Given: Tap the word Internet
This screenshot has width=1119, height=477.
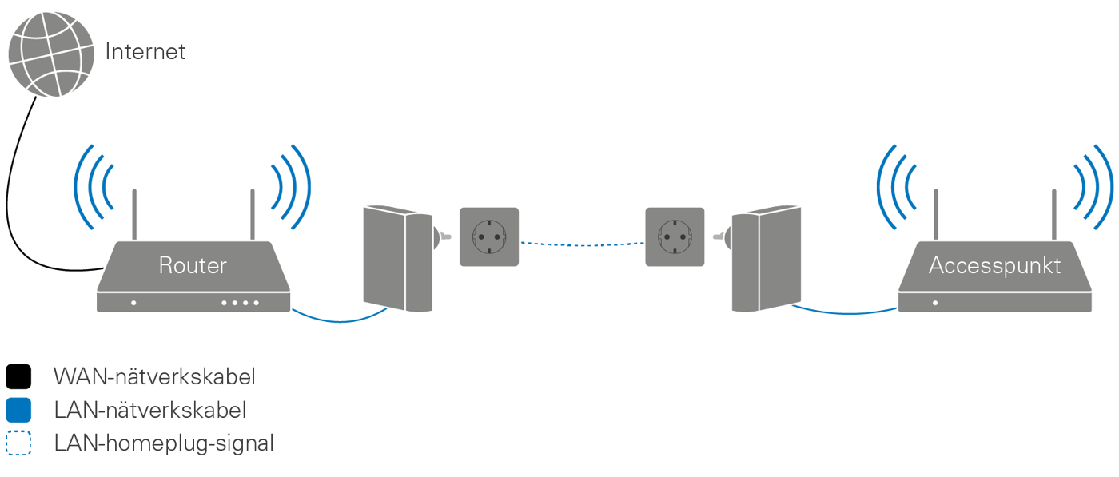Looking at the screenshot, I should coord(145,53).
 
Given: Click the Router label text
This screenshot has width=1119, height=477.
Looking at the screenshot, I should coord(192,265).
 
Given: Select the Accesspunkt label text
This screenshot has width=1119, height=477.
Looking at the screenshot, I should coord(994,265).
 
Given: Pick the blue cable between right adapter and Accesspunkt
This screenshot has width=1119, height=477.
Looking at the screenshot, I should coord(847,311).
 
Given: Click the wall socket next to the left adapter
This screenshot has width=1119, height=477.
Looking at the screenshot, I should coord(488,237).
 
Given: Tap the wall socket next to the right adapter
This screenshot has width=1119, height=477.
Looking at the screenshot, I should coord(675,237).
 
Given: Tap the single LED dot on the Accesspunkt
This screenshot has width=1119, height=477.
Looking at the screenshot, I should coord(935,304).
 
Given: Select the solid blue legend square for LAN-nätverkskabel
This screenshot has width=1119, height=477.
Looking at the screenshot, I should coord(18,411).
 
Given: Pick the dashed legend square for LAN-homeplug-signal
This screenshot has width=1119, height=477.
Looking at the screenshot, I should coord(18,443).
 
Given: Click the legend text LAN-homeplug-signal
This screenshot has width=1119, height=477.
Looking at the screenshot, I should coord(164,443).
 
